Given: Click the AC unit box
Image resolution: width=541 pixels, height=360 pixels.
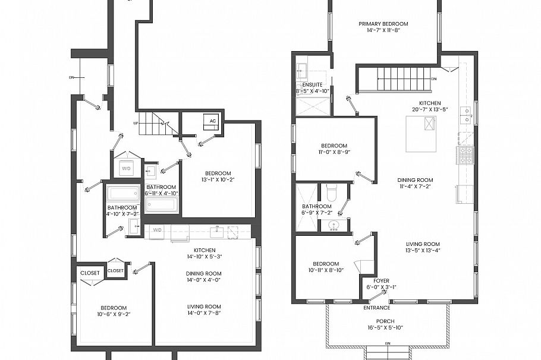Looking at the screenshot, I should [x=212, y=121].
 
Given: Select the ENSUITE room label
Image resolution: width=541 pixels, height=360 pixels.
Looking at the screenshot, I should [x=313, y=88].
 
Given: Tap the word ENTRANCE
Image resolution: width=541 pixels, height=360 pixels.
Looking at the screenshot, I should [x=377, y=308].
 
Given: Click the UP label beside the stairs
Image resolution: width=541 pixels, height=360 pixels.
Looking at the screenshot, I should [x=136, y=123].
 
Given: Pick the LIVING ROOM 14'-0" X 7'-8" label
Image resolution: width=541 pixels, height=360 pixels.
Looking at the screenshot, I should [x=204, y=310].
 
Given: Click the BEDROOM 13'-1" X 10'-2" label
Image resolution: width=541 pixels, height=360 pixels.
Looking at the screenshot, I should [x=218, y=176].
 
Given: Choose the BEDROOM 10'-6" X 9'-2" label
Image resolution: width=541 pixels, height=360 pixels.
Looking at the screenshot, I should [x=114, y=311].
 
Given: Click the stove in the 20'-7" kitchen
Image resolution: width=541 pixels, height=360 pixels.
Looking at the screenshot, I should [x=464, y=156].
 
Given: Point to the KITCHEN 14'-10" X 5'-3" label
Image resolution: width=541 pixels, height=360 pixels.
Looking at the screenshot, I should [x=204, y=253].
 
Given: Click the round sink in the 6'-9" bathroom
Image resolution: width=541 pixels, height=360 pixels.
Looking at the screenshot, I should [x=334, y=225].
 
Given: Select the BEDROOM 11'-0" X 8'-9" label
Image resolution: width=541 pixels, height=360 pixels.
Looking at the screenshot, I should [x=334, y=149].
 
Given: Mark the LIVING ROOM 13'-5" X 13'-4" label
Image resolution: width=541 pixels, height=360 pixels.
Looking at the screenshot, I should [x=423, y=247].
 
